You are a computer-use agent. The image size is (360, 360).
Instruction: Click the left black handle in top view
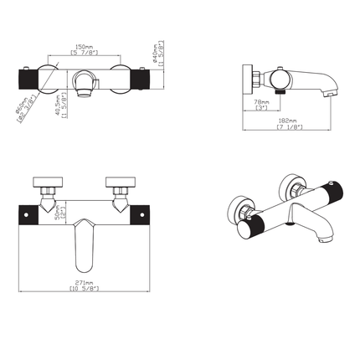(35, 81)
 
